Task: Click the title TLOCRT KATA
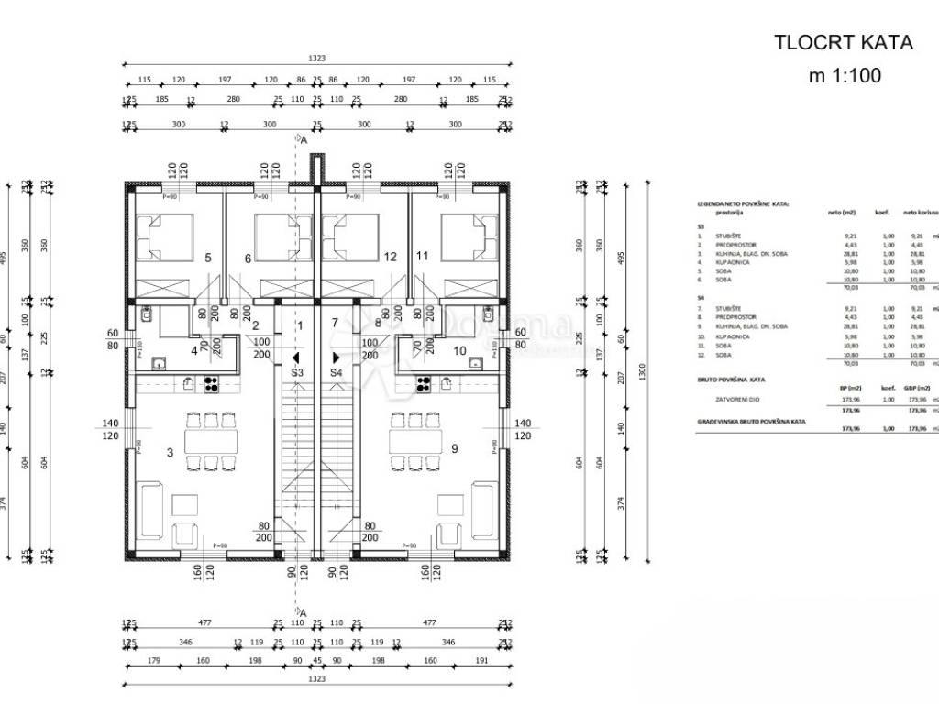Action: [844, 42]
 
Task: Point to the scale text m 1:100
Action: [844, 76]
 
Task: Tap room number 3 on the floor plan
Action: [170, 452]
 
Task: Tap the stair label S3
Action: [297, 373]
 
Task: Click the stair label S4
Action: [337, 373]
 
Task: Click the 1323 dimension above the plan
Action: [316, 57]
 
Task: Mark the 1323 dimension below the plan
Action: [316, 679]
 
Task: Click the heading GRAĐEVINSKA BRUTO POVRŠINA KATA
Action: [751, 421]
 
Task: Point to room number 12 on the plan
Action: [390, 258]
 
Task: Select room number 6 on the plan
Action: [248, 258]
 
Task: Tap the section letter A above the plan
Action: [303, 140]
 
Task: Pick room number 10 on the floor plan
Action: [459, 350]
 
